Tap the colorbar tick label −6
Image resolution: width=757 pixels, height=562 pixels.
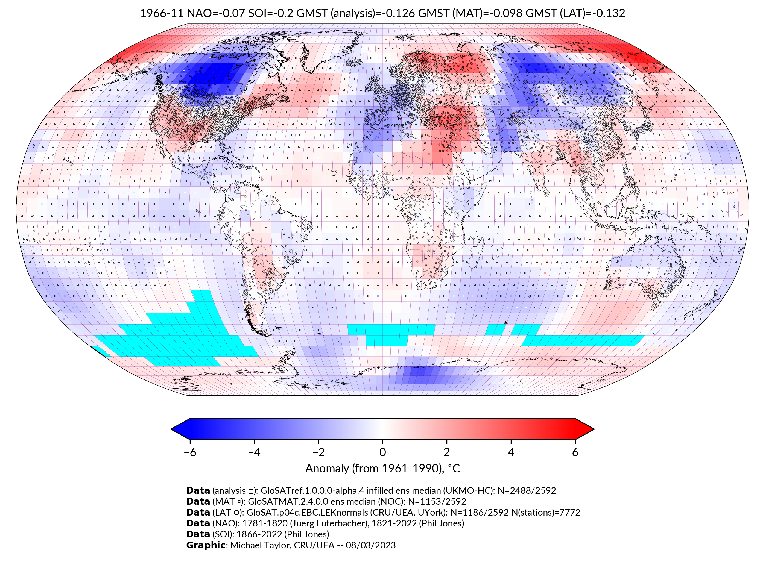click(x=189, y=452)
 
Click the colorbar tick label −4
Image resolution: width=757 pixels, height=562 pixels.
click(x=254, y=452)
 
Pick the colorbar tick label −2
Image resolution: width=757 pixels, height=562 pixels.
click(x=318, y=452)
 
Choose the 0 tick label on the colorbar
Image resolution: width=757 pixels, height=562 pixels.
click(x=382, y=452)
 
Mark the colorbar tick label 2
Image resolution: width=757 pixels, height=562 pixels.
click(x=447, y=452)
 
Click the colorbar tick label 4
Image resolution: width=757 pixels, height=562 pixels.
click(x=511, y=452)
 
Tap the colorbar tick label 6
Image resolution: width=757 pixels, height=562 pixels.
click(x=575, y=452)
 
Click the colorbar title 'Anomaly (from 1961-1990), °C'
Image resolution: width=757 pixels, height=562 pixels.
click(x=382, y=469)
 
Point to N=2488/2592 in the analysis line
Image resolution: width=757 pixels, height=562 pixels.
click(x=527, y=491)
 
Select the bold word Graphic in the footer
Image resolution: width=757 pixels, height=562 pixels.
click(x=206, y=545)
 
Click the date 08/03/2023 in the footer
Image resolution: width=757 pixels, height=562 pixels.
click(x=371, y=545)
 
